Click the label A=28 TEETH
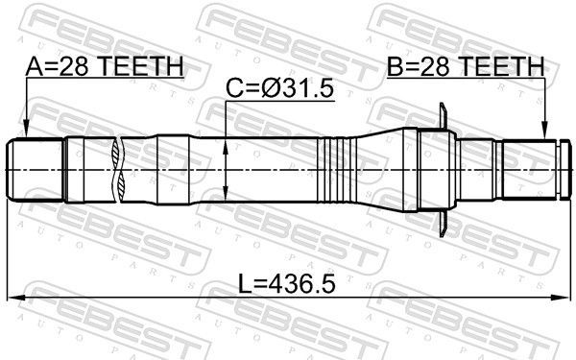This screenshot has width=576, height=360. coord(105,66)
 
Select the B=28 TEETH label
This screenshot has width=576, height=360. coord(467,66)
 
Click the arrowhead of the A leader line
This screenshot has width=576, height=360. coord(26,134)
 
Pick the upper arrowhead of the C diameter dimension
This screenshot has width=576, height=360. coord(225,144)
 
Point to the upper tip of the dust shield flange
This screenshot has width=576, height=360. coord(440,108)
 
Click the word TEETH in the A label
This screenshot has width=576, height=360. coord(143,66)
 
